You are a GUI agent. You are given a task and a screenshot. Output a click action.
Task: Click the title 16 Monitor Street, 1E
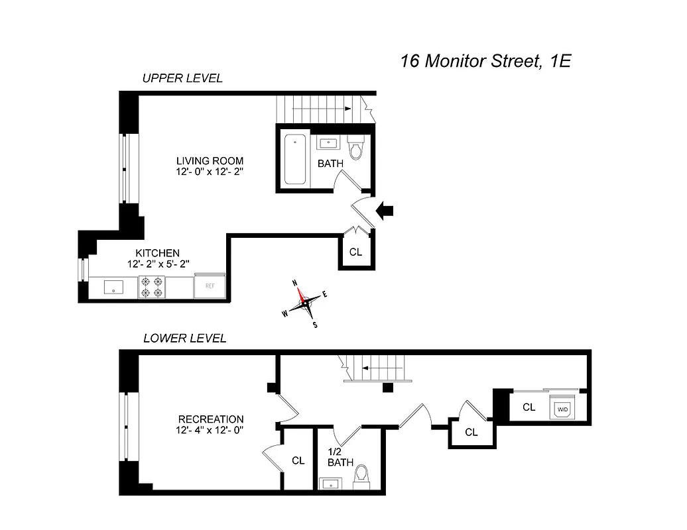pyautogui.click(x=485, y=62)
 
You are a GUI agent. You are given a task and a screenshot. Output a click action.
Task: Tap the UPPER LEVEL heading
pyautogui.click(x=182, y=78)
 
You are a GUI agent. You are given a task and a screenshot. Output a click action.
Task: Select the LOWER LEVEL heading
pyautogui.click(x=185, y=339)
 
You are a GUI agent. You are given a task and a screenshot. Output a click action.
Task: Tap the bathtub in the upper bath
pyautogui.click(x=294, y=160)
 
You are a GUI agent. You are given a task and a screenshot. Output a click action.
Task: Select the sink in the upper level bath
pyautogui.click(x=328, y=142)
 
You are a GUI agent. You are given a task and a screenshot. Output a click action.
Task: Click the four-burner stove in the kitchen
pyautogui.click(x=151, y=287)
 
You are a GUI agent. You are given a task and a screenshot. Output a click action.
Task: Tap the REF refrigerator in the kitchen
pyautogui.click(x=210, y=287)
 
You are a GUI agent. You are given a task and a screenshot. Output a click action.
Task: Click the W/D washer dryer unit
pyautogui.click(x=563, y=409)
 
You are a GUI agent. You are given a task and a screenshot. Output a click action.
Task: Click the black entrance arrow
pyautogui.click(x=385, y=211)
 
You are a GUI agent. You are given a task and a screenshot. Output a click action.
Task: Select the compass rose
pyautogui.click(x=305, y=302)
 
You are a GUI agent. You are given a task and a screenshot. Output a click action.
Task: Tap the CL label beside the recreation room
pyautogui.click(x=298, y=460)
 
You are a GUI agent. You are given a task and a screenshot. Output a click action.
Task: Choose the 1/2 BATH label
pyautogui.click(x=340, y=456)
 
